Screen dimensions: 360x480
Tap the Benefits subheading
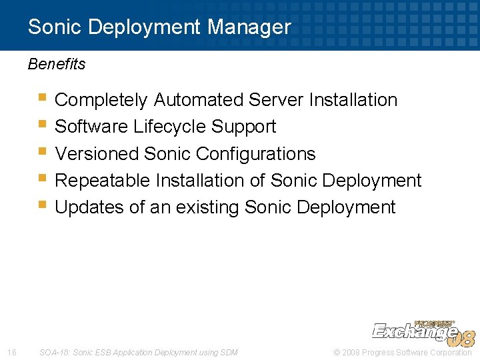click(x=57, y=65)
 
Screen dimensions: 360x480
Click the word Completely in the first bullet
click(x=101, y=100)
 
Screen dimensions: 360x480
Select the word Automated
click(x=199, y=100)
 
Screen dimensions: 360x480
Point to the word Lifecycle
click(x=170, y=127)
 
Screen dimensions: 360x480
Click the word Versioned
click(x=98, y=154)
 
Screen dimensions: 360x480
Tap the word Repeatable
click(x=103, y=181)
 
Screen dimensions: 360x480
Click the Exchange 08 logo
click(x=423, y=332)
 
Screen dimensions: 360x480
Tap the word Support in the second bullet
click(x=243, y=127)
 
